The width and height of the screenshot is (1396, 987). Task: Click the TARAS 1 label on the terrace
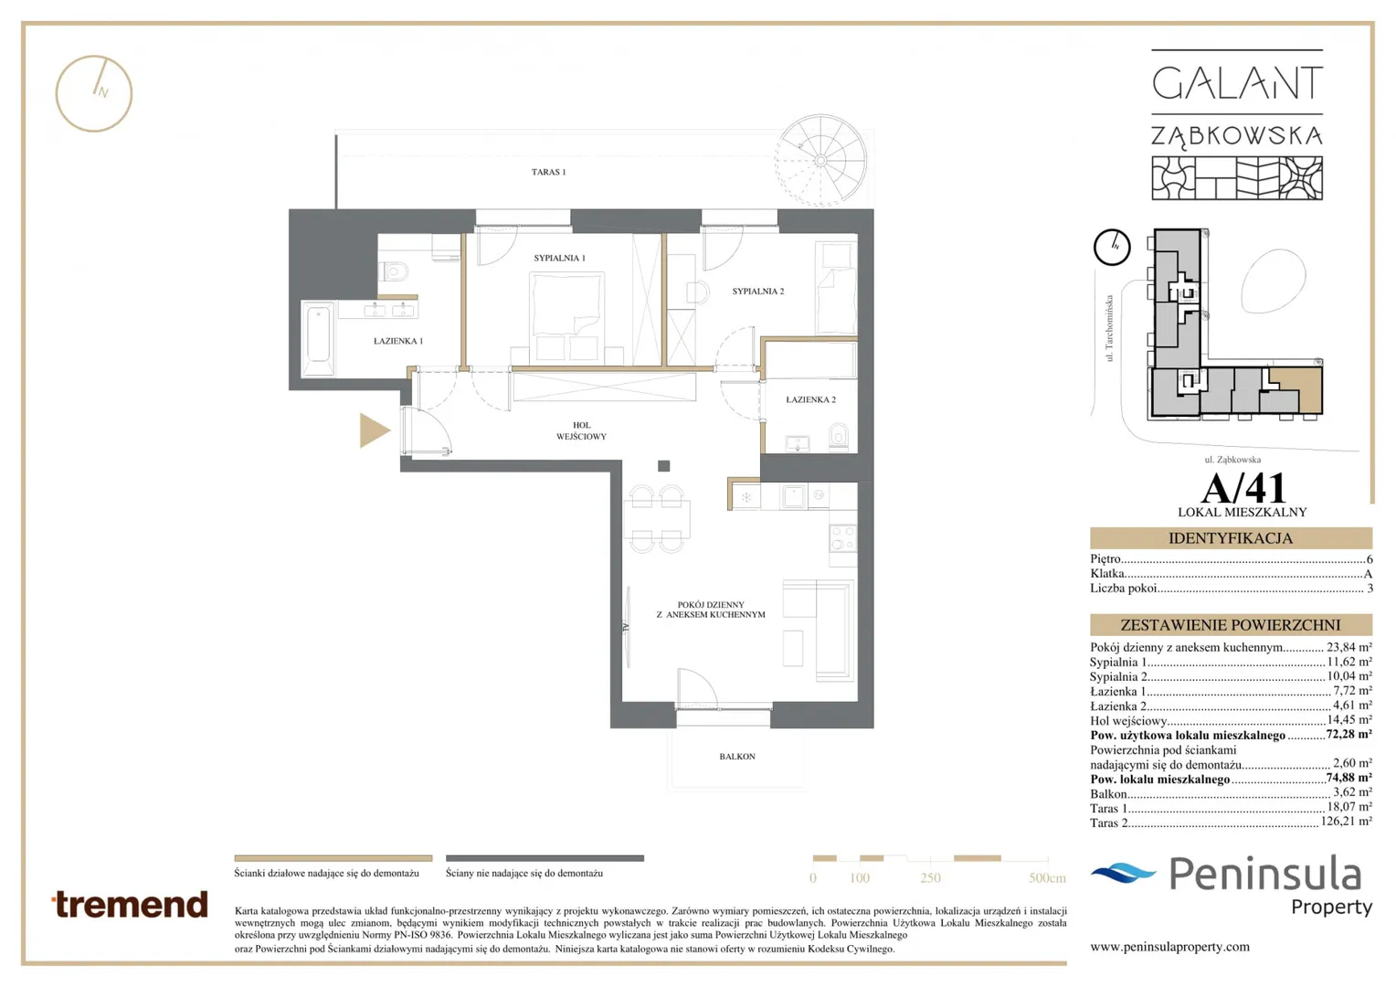pyautogui.click(x=548, y=172)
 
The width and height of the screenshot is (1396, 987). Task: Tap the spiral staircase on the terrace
pyautogui.click(x=820, y=161)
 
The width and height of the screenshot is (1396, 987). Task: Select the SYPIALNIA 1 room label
pyautogui.click(x=559, y=258)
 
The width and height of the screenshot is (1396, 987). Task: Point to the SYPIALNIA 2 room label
pyautogui.click(x=757, y=292)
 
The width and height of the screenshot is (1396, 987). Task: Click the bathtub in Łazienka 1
pyautogui.click(x=319, y=338)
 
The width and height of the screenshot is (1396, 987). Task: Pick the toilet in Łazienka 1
pyautogui.click(x=393, y=271)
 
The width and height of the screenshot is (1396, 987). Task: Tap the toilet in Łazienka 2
pyautogui.click(x=839, y=436)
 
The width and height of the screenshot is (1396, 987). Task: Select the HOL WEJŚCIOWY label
pyautogui.click(x=581, y=430)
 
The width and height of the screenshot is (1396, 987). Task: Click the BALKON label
pyautogui.click(x=737, y=757)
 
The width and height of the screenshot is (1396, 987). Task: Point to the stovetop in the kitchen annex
pyautogui.click(x=842, y=538)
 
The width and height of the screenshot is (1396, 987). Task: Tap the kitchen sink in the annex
pyautogui.click(x=793, y=497)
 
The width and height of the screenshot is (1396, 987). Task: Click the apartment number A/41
pyautogui.click(x=1243, y=488)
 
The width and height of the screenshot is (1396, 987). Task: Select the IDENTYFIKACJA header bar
pyautogui.click(x=1231, y=538)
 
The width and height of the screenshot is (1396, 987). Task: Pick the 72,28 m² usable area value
pyautogui.click(x=1348, y=735)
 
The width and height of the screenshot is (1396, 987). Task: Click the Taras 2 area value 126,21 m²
pyautogui.click(x=1346, y=822)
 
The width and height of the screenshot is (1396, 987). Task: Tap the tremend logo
pyautogui.click(x=130, y=905)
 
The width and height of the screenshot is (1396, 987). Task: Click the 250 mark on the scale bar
pyautogui.click(x=930, y=878)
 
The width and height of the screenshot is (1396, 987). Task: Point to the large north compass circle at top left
pyautogui.click(x=94, y=93)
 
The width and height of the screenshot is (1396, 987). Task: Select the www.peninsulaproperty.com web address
pyautogui.click(x=1169, y=947)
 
